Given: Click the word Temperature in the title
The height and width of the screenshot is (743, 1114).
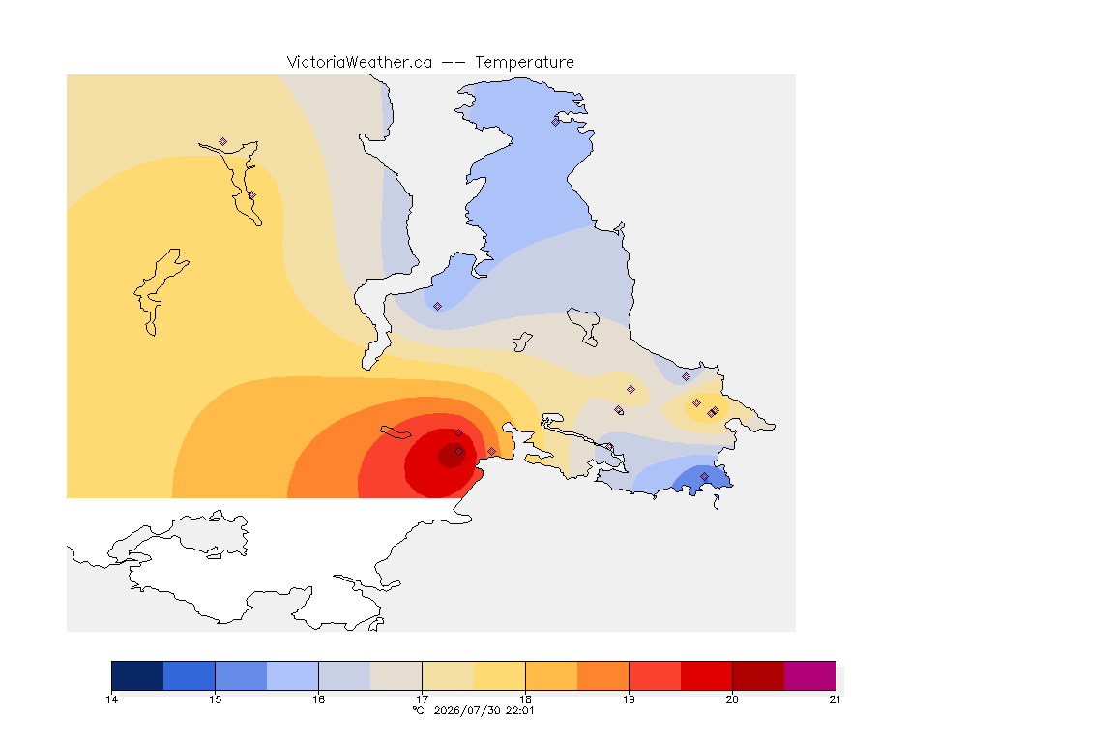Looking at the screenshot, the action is tap(524, 63).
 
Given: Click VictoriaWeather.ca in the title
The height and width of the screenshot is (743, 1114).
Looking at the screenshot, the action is tap(360, 63).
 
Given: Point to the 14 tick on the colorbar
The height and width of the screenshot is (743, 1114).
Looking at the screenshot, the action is tap(111, 699).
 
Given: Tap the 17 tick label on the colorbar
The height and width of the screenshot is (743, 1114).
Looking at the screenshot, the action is tap(422, 699).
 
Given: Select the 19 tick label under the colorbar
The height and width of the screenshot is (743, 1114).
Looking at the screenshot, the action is tap(629, 699).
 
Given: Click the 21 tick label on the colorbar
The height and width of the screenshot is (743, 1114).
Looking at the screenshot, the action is tap(835, 699).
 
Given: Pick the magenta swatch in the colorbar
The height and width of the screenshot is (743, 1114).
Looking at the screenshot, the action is tap(810, 675).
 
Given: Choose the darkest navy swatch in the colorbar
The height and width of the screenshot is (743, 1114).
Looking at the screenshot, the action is tap(138, 675).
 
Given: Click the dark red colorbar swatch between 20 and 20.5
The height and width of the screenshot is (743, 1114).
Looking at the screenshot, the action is tap(758, 675).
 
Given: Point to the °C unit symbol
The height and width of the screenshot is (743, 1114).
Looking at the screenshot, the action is tap(418, 710).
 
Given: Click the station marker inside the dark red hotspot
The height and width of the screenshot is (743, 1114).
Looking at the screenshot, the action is tap(459, 452).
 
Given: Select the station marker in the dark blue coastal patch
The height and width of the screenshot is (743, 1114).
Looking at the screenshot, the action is tap(704, 476).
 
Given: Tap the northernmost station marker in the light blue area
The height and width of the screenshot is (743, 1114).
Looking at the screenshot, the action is tap(556, 122).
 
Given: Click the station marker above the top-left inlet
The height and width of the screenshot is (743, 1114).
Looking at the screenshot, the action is tap(223, 142).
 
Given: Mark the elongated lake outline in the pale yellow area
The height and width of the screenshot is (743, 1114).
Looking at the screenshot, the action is tap(162, 291).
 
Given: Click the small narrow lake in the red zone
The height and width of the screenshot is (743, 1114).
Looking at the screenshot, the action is tap(396, 432).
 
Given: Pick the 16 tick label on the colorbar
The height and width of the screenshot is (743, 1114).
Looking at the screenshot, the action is tap(318, 699).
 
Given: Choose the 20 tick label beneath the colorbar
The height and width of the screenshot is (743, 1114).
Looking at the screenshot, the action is tap(732, 699).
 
